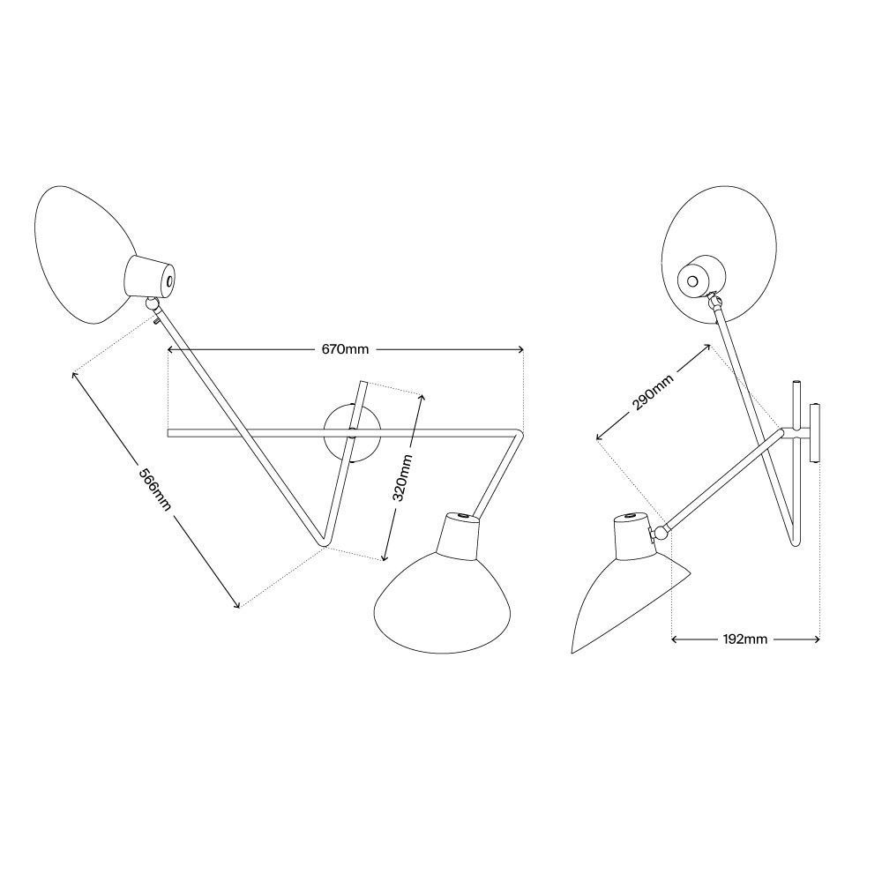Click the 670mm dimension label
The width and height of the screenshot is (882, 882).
click(x=345, y=349)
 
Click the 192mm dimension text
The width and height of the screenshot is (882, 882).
click(x=744, y=639)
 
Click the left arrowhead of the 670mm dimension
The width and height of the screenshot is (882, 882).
click(x=172, y=349)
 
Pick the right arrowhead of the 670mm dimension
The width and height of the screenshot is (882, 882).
click(x=519, y=349)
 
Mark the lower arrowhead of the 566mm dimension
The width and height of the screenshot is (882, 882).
click(x=236, y=604)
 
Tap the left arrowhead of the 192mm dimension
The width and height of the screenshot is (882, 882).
click(x=676, y=639)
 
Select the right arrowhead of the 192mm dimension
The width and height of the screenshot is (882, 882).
click(x=815, y=639)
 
